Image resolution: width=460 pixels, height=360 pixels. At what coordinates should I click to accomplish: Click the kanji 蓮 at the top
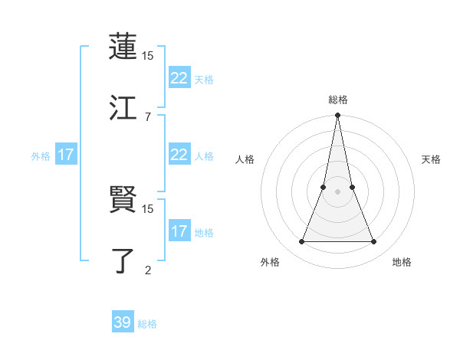click(123, 47)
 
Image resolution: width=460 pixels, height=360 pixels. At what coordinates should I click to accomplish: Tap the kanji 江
click(123, 107)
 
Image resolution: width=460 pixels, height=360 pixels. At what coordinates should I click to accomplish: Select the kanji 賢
click(123, 200)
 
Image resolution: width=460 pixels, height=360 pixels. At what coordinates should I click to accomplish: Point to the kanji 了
click(123, 260)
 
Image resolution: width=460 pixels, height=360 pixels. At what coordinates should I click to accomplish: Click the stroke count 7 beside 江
click(147, 116)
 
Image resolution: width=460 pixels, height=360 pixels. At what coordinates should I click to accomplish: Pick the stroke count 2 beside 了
click(147, 270)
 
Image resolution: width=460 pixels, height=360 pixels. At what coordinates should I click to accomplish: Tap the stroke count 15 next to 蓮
click(148, 56)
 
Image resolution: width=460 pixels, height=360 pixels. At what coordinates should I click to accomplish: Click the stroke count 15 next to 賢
click(148, 208)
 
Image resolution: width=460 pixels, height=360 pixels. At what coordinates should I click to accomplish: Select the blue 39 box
click(123, 322)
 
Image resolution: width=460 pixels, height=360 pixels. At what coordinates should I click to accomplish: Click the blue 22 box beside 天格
click(179, 78)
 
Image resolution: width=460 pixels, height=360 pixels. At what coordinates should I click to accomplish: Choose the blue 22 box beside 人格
click(179, 155)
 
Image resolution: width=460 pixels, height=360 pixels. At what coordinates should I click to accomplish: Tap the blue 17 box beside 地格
click(179, 231)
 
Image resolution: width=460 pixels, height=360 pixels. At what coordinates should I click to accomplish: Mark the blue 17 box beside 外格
click(66, 155)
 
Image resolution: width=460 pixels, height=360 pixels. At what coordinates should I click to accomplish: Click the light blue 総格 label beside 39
click(147, 324)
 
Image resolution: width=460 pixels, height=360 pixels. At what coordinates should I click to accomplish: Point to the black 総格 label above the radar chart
click(337, 100)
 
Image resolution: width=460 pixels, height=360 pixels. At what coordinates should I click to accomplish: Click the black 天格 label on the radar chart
click(432, 159)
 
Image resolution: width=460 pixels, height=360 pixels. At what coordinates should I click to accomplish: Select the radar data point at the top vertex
click(337, 116)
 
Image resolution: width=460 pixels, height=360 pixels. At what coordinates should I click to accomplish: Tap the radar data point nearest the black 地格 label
click(374, 242)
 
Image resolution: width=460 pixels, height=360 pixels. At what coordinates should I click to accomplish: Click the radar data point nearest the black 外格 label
click(301, 242)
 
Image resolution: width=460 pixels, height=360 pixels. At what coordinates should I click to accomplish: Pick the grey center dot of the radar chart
click(337, 191)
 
